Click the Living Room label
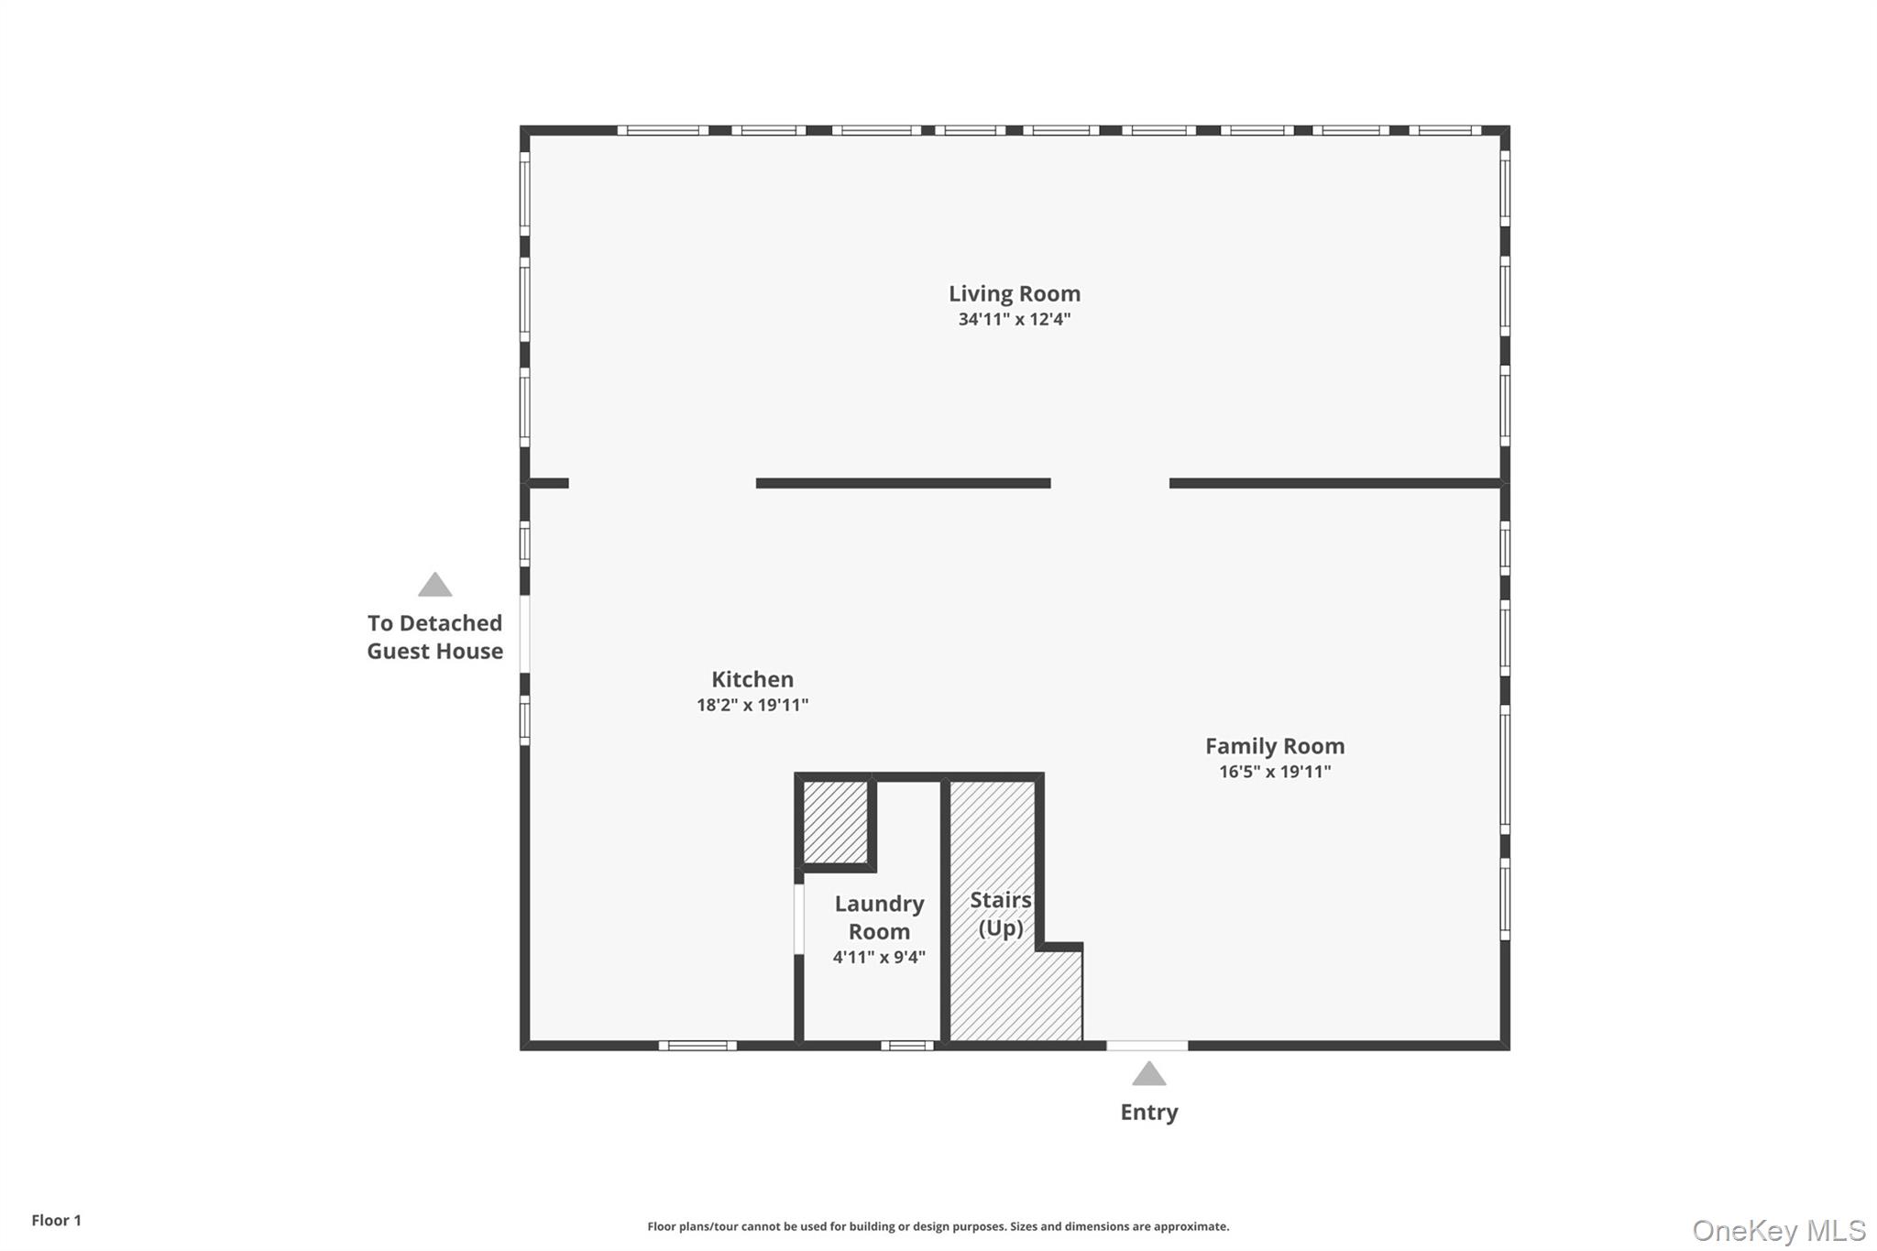point(1014,294)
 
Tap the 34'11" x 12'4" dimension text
point(1014,320)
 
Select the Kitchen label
point(752,680)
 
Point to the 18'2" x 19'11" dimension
point(752,706)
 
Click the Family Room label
point(1274,747)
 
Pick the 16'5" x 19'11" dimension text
point(1274,772)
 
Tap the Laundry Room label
point(879,917)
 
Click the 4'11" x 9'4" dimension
point(879,958)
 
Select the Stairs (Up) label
point(1000,914)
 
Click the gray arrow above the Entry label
point(1148,1073)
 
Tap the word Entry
point(1148,1113)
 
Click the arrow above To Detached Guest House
point(434,585)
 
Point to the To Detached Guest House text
point(434,637)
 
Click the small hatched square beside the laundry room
point(835,821)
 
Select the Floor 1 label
point(56,1221)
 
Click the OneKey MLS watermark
point(1778,1231)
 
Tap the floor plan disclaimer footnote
point(938,1226)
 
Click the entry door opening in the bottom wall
point(1147,1046)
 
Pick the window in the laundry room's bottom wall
point(907,1046)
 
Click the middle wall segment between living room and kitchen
point(903,483)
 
